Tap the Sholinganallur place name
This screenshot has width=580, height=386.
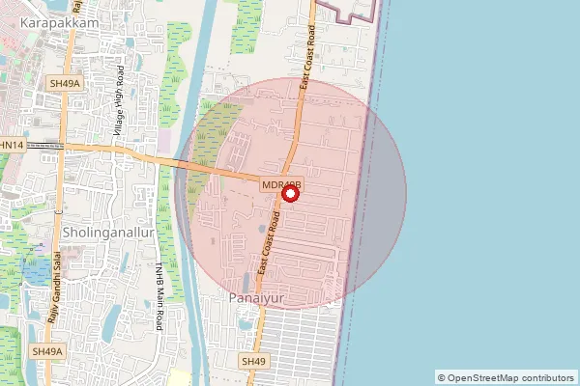tap(102, 234)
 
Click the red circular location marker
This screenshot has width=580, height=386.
tap(290, 192)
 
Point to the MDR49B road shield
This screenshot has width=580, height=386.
tap(282, 183)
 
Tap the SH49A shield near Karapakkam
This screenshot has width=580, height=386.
tap(66, 84)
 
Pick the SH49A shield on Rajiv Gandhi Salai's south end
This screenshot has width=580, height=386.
tap(45, 351)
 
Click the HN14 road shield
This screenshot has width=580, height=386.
tap(13, 145)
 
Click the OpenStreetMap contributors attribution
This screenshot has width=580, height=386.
tap(505, 377)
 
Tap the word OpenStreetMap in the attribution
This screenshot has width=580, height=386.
tap(483, 377)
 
